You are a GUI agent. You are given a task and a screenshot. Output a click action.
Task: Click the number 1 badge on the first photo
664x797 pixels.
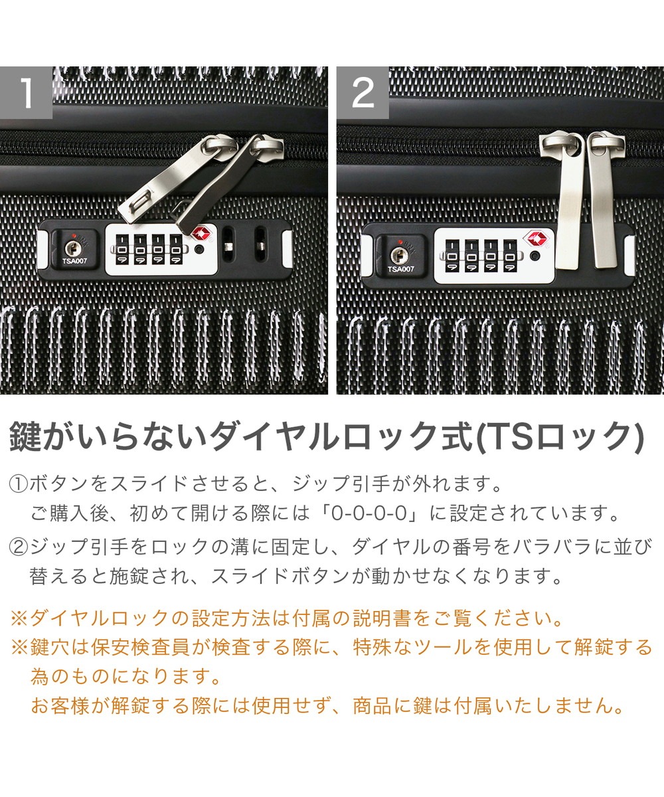[26, 92]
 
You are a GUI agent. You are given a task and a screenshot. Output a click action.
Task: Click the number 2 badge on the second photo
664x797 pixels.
[363, 92]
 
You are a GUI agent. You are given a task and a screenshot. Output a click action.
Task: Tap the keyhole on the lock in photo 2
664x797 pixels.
[398, 254]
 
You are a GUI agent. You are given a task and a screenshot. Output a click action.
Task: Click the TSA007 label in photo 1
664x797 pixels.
[75, 262]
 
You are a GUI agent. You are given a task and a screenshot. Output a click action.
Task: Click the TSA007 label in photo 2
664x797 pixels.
[400, 269]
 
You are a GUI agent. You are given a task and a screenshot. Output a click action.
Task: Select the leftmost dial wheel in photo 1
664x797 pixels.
[122, 249]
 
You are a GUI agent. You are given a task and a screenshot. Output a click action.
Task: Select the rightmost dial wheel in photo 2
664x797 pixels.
[510, 256]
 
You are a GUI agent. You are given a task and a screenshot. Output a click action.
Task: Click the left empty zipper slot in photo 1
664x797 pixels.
[228, 244]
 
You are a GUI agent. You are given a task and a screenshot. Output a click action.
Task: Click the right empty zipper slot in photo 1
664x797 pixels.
[260, 244]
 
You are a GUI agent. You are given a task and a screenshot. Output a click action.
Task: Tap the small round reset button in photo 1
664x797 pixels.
[199, 250]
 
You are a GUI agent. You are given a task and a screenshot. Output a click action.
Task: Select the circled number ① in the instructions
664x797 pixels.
[19, 484]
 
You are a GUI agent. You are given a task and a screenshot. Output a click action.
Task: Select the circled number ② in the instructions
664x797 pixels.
[19, 547]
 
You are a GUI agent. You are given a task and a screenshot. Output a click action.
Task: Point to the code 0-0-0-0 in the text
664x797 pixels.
[369, 513]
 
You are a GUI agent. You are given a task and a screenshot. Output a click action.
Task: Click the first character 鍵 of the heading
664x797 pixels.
[25, 436]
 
